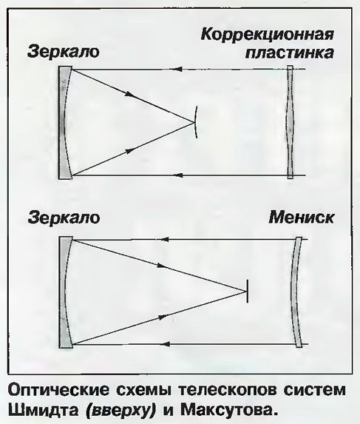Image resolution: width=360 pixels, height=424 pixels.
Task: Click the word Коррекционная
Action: [x=268, y=36]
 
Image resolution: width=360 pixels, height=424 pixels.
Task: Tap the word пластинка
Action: [x=289, y=53]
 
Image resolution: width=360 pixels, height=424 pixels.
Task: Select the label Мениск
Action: [x=302, y=218]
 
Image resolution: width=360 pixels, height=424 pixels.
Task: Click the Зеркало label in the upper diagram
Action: [x=64, y=51]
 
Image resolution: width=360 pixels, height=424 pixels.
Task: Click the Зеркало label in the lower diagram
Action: [x=64, y=218]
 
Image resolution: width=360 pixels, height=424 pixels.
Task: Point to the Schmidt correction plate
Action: [x=290, y=122]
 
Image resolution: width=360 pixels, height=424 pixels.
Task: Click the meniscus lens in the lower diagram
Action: [x=296, y=292]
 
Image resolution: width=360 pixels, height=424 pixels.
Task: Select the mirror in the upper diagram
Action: [x=63, y=122]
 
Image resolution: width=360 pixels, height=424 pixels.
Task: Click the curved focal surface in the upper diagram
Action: [x=197, y=122]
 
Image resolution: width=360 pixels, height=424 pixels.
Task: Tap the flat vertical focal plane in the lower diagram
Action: [x=247, y=292]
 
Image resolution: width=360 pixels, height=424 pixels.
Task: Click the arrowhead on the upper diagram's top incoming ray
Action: [x=176, y=70]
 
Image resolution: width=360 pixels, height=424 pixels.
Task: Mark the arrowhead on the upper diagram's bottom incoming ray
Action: [x=177, y=175]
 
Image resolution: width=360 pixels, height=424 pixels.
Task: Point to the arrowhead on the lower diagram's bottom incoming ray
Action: [x=164, y=344]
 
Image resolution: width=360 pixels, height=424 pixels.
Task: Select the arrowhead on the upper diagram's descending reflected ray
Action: [x=129, y=94]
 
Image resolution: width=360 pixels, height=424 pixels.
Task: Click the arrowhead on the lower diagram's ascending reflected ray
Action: [x=163, y=317]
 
